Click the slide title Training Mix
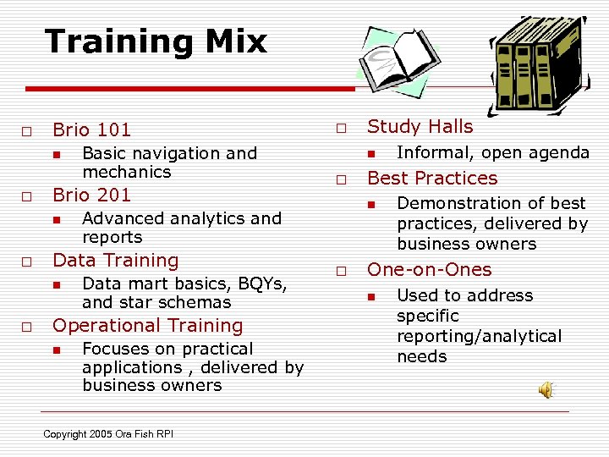(x=156, y=41)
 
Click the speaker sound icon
(x=547, y=389)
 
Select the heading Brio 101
(x=91, y=130)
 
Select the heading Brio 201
(x=91, y=195)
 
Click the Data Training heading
(x=116, y=261)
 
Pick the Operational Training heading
(x=147, y=326)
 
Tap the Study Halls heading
(x=420, y=127)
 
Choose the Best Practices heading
(x=432, y=179)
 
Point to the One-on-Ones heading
(x=429, y=270)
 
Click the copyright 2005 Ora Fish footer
(x=108, y=434)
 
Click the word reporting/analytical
(x=479, y=337)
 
